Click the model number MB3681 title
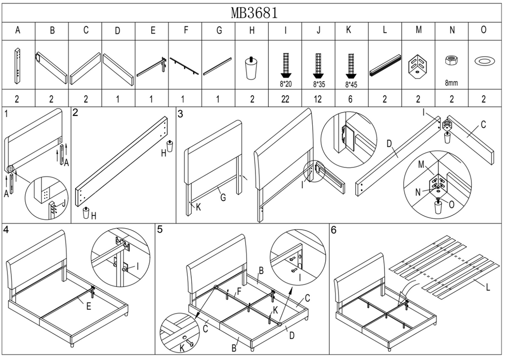[253, 12]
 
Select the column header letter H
[252, 31]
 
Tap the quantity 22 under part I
[285, 99]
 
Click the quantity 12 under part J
[318, 99]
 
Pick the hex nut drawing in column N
[451, 61]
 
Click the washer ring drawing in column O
[484, 61]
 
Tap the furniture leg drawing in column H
[252, 69]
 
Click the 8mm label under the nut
[451, 83]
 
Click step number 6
[334, 230]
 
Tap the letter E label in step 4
[88, 307]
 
